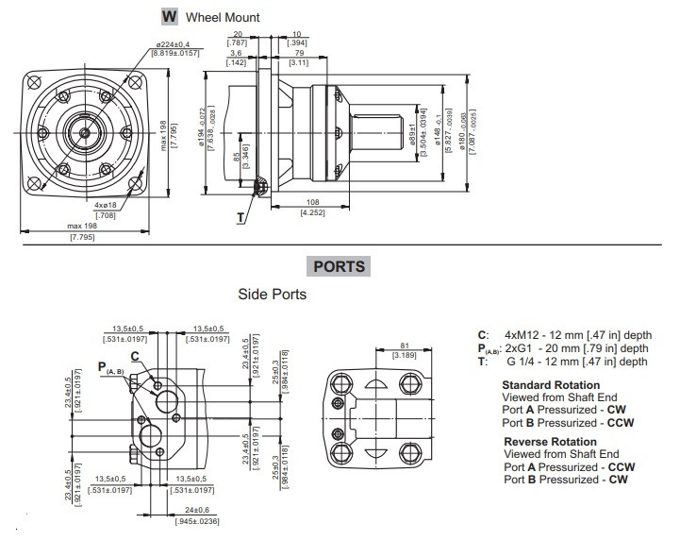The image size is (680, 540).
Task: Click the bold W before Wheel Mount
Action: (x=170, y=16)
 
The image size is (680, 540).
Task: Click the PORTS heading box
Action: (x=340, y=267)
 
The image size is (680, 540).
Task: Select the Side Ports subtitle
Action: (x=272, y=295)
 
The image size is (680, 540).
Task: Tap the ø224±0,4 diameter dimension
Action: (x=174, y=44)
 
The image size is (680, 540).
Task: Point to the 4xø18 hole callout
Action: (x=106, y=204)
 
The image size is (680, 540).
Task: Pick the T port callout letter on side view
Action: (x=241, y=217)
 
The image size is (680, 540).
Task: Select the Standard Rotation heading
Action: (x=551, y=385)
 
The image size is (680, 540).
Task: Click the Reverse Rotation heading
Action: (x=550, y=442)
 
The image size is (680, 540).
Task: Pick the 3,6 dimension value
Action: (x=236, y=54)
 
